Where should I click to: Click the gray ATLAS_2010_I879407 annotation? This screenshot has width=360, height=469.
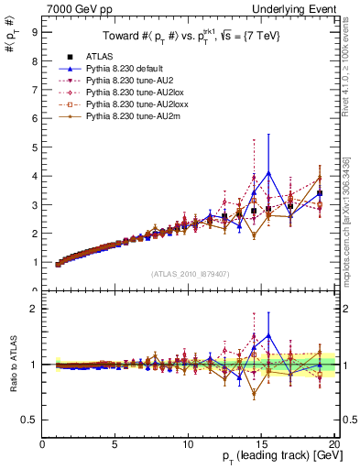point(190,273)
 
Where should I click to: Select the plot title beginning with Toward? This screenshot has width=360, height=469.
point(190,37)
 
